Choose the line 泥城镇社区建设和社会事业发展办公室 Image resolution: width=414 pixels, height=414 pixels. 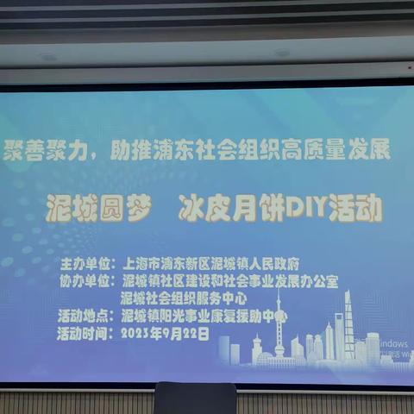tap(229, 280)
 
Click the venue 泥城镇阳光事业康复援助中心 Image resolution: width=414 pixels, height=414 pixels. tap(204, 317)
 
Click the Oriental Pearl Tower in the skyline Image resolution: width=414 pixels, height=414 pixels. tap(279, 332)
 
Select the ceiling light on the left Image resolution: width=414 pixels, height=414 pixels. tap(47, 57)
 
